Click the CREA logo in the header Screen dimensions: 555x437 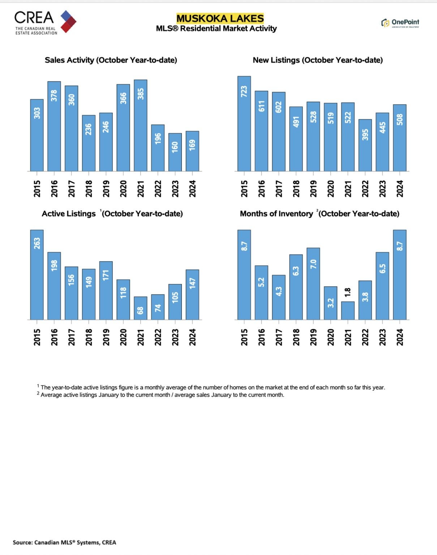pos(45,22)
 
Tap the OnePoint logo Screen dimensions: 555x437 pos(400,23)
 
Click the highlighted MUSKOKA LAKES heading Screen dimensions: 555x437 pos(220,18)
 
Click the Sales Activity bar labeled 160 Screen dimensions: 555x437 pos(175,152)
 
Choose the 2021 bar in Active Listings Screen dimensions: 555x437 pos(141,308)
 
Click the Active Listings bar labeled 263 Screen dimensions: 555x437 pos(37,275)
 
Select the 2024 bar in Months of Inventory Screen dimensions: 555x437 pos(399,275)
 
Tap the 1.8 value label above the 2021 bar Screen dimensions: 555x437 pos(348,292)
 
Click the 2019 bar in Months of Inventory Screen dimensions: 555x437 pos(313,284)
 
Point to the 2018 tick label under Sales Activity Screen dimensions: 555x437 pos(89,189)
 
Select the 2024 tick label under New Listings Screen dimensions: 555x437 pos(399,189)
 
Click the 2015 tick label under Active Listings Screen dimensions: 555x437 pos(37,337)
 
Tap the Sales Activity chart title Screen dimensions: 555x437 pos(111,60)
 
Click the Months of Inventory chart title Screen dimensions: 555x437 pos(320,214)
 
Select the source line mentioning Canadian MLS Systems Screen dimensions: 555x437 pos(64,542)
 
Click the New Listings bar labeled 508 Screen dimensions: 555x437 pos(399,138)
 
